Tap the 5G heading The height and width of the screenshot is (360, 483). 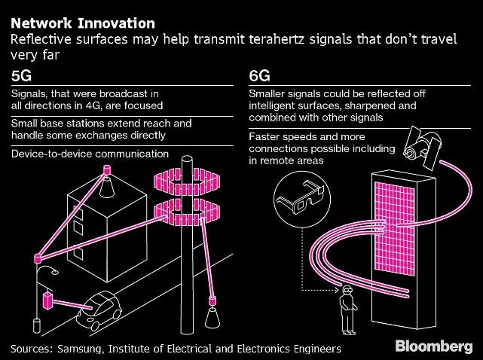[x=23, y=77]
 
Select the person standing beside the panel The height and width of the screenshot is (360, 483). [x=348, y=309]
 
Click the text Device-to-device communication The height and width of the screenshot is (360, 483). [x=89, y=154]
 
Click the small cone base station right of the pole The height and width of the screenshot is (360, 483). [x=212, y=304]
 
